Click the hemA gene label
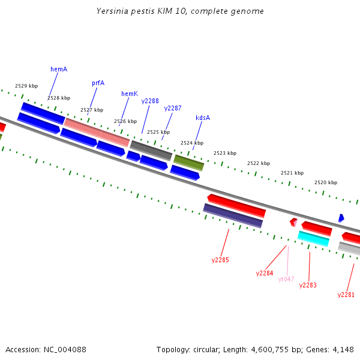click(59, 69)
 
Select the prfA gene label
click(98, 83)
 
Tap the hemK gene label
click(130, 94)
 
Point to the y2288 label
click(150, 101)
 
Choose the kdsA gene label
click(203, 118)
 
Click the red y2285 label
click(220, 260)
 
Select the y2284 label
click(265, 273)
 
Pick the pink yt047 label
click(286, 279)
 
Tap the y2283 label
click(308, 285)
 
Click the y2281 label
click(346, 295)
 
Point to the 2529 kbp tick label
click(26, 86)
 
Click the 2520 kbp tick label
click(326, 182)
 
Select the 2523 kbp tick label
click(225, 153)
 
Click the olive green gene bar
click(188, 163)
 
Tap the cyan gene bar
click(313, 238)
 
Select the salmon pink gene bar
click(97, 132)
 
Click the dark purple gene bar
click(233, 215)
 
